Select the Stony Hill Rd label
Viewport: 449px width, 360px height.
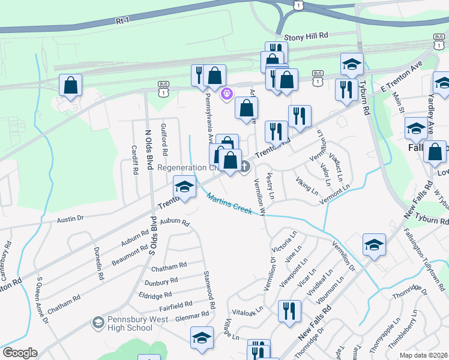pyautogui.click(x=306, y=36)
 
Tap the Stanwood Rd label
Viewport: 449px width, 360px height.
pyautogui.click(x=210, y=287)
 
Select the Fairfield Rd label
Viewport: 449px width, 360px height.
pyautogui.click(x=175, y=305)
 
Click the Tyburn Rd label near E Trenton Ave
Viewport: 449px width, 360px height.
pyautogui.click(x=363, y=101)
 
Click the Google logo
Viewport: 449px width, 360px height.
pyautogui.click(x=20, y=353)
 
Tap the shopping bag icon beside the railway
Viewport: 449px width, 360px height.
pyautogui.click(x=71, y=85)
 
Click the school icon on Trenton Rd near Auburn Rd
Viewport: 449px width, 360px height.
pyautogui.click(x=184, y=187)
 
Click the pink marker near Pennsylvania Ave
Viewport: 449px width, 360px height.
pyautogui.click(x=227, y=94)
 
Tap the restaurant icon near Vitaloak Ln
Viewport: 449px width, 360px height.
pyautogui.click(x=289, y=311)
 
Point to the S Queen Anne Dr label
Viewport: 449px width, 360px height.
pyautogui.click(x=43, y=300)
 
